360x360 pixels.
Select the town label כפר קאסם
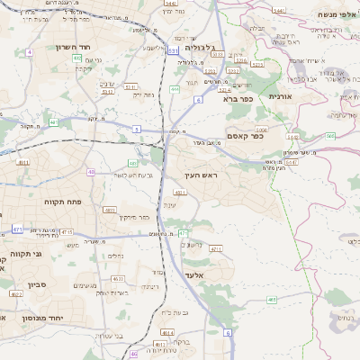(x=269, y=136)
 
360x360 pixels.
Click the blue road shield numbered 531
(x=173, y=51)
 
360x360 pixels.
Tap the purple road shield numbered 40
(x=91, y=171)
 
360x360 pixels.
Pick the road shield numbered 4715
(x=67, y=231)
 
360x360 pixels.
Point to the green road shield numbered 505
(x=329, y=136)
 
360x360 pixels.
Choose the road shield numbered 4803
(x=111, y=210)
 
